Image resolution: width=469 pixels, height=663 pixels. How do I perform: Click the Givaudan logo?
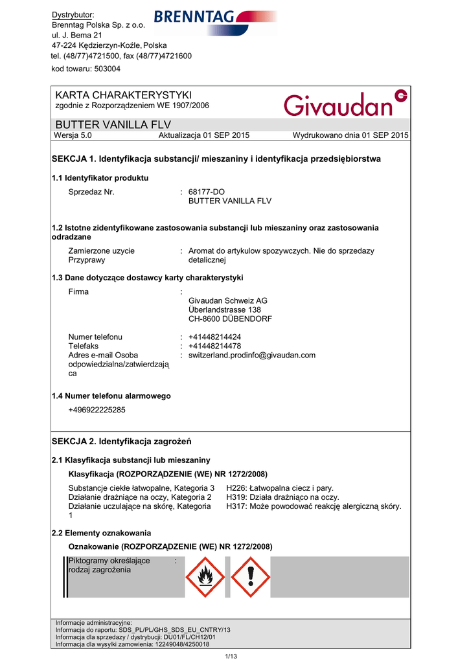click(x=346, y=104)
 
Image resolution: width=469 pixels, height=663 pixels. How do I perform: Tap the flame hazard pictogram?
click(x=205, y=577)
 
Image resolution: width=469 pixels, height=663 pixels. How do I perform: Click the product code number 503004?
click(x=104, y=69)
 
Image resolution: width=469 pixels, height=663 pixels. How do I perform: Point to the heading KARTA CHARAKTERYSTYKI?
click(x=119, y=95)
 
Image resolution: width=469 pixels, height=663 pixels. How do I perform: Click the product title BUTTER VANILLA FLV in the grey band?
click(x=104, y=124)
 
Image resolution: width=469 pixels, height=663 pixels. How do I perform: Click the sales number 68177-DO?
click(x=206, y=192)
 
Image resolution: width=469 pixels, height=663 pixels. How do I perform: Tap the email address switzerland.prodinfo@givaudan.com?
click(x=252, y=355)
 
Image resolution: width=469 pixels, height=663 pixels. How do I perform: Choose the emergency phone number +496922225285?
click(x=97, y=410)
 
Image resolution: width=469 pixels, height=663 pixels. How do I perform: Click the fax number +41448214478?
click(x=214, y=346)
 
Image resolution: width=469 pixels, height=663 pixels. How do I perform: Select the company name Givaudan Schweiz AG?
click(x=227, y=300)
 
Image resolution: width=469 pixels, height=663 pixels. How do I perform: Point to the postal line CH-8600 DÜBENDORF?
click(x=230, y=319)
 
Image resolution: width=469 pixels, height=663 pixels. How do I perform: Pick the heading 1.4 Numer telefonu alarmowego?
click(x=111, y=396)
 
